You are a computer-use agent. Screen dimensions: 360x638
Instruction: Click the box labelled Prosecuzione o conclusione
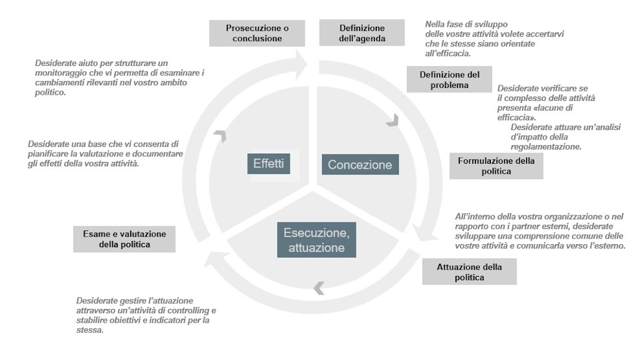257,33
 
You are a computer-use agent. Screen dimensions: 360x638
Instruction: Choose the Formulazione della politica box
496,166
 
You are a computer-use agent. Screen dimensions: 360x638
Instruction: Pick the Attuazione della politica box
469,272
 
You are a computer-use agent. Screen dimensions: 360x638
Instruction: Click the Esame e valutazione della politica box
124,239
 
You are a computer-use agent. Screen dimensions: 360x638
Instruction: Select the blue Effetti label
269,164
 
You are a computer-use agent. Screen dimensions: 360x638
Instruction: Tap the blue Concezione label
360,164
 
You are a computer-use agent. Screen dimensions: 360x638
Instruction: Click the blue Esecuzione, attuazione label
317,240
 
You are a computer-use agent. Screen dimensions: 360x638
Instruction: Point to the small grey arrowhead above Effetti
219,135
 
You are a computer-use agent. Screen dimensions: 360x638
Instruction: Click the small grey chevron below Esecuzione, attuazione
319,288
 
